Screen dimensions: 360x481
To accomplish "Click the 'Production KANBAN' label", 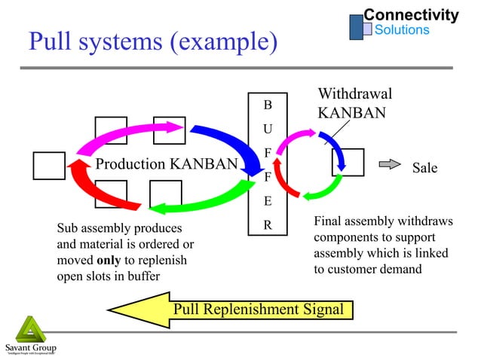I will point(166,164).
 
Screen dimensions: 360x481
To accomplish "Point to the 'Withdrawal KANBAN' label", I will point(354,104).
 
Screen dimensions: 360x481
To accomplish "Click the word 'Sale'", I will point(424,168).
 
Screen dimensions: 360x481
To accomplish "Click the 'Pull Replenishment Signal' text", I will point(259,309).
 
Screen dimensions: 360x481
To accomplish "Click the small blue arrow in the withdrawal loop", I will point(336,151).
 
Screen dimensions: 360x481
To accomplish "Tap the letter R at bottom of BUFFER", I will point(268,224).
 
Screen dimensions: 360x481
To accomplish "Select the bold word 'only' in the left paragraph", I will point(109,260).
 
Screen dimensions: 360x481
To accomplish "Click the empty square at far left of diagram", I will point(49,166).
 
